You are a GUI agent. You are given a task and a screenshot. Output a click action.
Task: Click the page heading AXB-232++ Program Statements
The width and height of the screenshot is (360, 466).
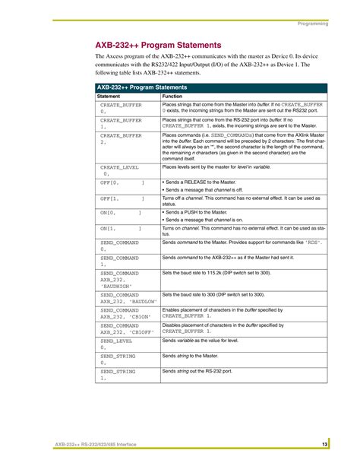click(158, 45)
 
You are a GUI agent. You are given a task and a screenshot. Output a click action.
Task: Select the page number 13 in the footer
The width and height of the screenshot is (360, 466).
click(324, 443)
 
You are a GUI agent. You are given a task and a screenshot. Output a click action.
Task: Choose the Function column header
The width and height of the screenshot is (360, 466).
click(172, 97)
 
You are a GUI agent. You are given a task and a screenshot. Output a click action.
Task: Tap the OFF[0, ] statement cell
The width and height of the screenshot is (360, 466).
click(122, 183)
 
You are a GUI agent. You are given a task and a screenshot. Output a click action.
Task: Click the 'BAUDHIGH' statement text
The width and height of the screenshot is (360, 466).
click(117, 287)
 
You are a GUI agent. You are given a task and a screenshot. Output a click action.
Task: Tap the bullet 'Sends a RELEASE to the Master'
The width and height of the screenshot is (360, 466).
click(202, 182)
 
